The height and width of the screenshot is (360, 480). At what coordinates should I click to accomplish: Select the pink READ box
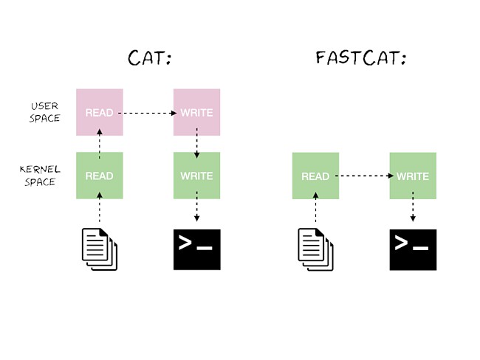(100, 113)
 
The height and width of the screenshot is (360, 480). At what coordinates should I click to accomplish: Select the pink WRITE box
(196, 113)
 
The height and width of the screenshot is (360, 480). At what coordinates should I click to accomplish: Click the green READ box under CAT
(100, 176)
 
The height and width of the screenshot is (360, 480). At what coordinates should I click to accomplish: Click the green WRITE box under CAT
(196, 176)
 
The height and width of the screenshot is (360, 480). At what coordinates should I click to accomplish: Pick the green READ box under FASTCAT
(315, 176)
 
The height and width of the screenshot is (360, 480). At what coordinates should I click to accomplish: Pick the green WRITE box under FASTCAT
(413, 176)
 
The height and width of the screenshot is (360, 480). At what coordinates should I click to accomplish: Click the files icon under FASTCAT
(315, 249)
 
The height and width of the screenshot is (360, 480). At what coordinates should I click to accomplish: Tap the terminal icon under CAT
(196, 249)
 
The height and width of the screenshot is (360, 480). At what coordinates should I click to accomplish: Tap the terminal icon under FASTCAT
(413, 249)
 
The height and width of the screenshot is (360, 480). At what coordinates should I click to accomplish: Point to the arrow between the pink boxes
(148, 114)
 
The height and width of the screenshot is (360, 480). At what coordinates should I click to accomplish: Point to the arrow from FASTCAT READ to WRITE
(364, 176)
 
